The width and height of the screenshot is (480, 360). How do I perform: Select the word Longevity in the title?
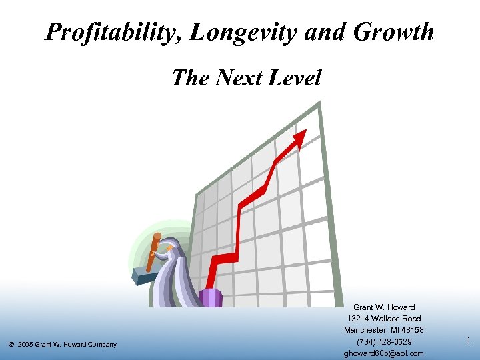coord(233,32)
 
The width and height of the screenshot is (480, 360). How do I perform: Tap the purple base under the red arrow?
coord(210,297)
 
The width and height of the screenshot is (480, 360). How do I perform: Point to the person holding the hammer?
coord(177,273)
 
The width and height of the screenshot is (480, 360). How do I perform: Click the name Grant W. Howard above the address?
coord(383,307)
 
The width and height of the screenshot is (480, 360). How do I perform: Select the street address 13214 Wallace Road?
coord(383,319)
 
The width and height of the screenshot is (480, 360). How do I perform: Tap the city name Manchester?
coord(366,330)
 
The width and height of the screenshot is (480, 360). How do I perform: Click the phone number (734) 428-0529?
coord(383,342)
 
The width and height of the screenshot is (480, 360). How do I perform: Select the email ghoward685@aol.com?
coord(383,353)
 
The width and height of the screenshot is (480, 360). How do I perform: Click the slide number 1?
coord(469,341)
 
